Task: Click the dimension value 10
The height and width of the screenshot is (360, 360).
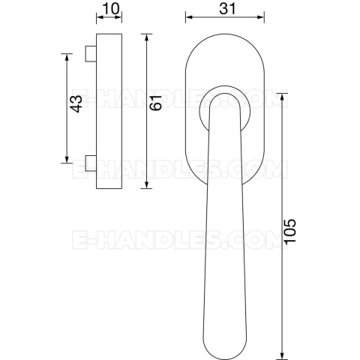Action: [110, 9]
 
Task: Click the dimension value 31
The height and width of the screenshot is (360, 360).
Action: [227, 9]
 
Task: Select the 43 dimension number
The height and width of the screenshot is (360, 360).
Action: [76, 103]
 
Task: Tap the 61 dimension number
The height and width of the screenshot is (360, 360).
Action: [156, 103]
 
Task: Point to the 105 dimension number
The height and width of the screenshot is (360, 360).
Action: [290, 231]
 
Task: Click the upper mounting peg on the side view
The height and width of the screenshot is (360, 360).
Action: [91, 53]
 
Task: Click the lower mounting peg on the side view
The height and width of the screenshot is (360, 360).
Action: [91, 163]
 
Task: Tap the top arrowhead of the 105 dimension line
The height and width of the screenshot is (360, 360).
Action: [282, 97]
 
